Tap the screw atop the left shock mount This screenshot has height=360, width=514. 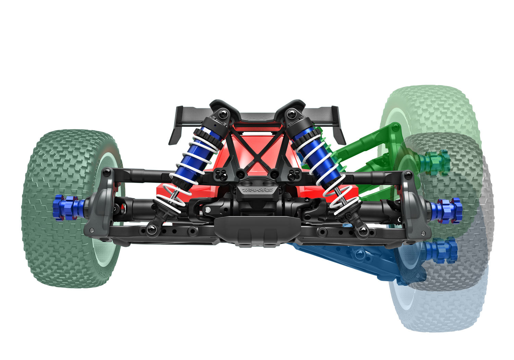pyautogui.click(x=223, y=113)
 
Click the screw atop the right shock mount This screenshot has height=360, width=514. pyautogui.click(x=292, y=113)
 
